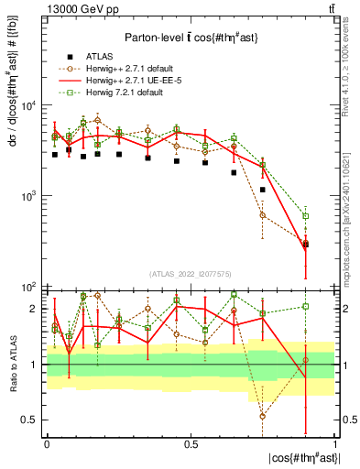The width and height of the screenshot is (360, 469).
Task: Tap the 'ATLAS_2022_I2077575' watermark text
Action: [x=191, y=274]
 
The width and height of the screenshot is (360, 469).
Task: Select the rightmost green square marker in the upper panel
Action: [x=306, y=216]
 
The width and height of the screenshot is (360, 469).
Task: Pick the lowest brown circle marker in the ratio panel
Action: [x=263, y=416]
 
